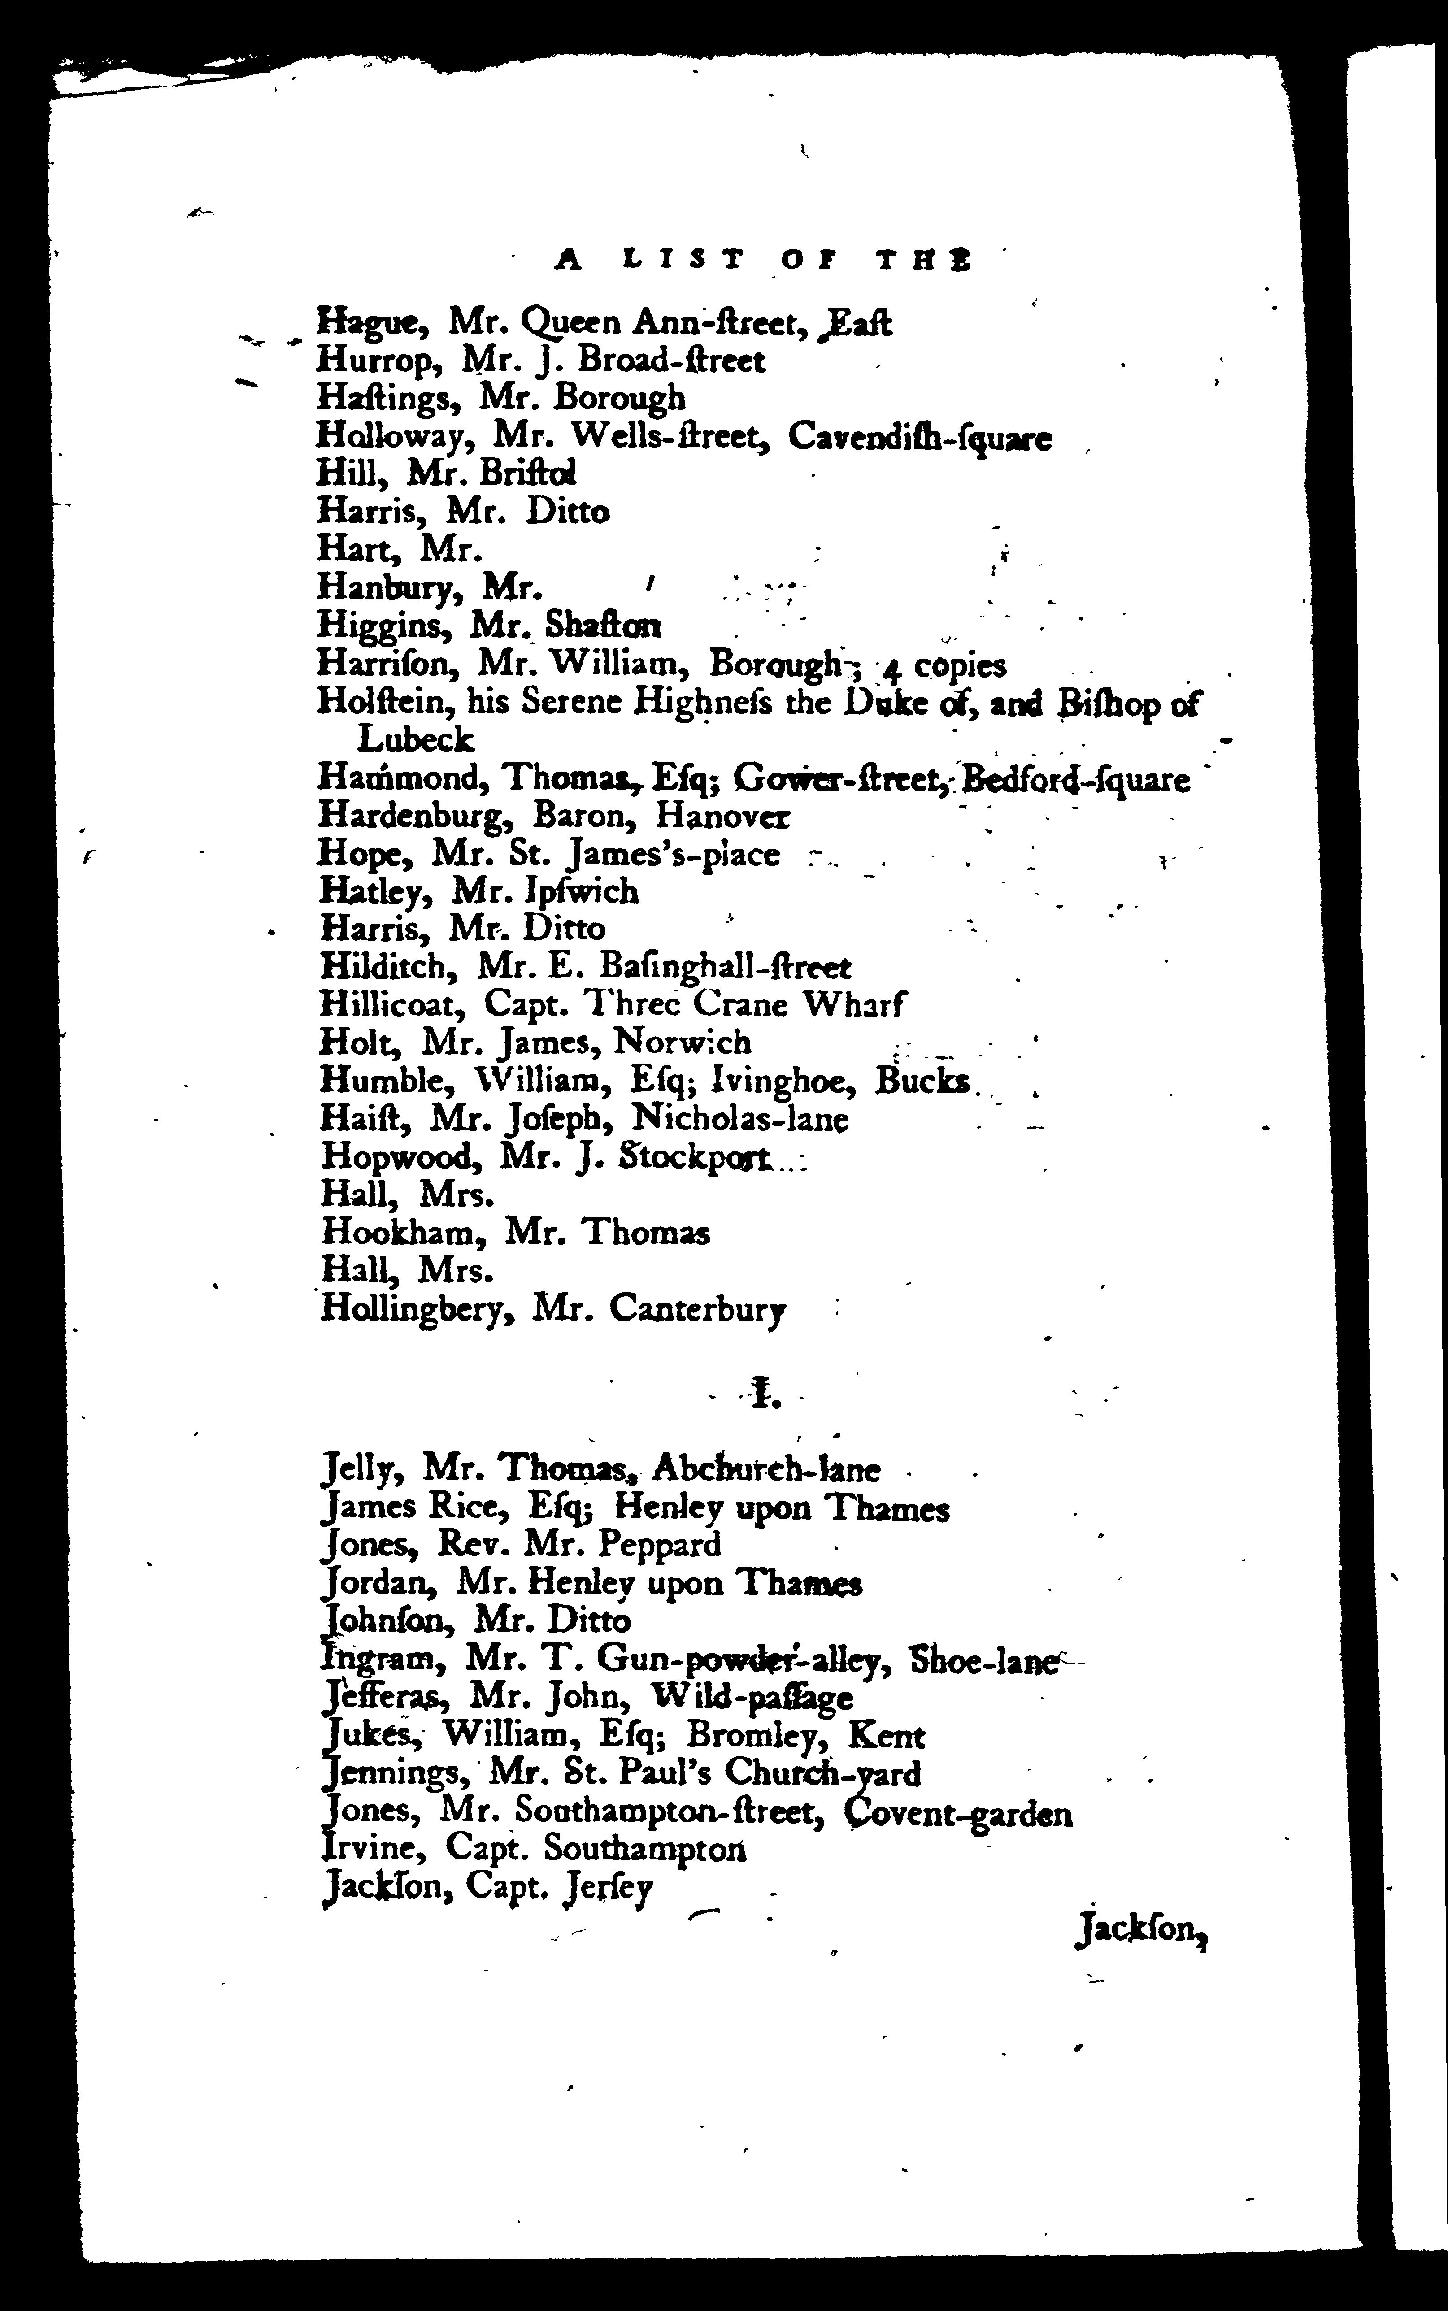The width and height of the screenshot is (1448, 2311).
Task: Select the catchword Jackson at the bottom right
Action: point(1139,1932)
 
